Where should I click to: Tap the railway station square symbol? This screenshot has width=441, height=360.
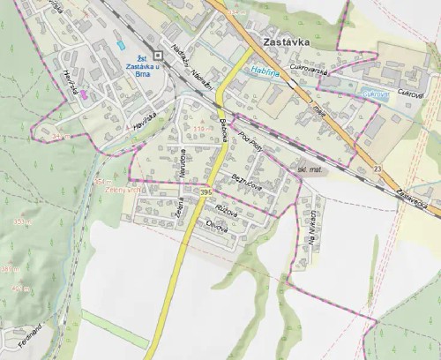click(x=155, y=51)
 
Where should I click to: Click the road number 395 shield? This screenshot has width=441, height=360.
click(x=206, y=191)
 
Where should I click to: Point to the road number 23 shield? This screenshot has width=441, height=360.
click(x=378, y=168)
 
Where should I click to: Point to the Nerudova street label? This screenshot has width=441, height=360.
click(x=182, y=165)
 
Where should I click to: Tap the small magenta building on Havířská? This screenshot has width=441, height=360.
click(x=84, y=95)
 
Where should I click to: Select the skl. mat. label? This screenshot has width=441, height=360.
click(x=310, y=167)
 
